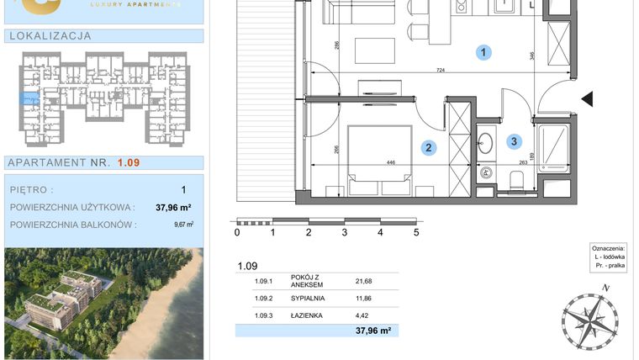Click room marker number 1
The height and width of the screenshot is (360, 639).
pyautogui.click(x=483, y=53)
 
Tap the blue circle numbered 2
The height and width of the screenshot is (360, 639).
pyautogui.click(x=429, y=148)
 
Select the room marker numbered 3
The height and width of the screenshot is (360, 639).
pyautogui.click(x=514, y=141)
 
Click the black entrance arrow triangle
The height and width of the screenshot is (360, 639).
pyautogui.click(x=588, y=99)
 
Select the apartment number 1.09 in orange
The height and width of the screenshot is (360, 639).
pyautogui.click(x=127, y=162)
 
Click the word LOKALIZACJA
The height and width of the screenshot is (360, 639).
pyautogui.click(x=49, y=36)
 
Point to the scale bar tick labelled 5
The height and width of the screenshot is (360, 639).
pyautogui.click(x=416, y=233)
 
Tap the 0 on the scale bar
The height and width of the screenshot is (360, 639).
pyautogui.click(x=237, y=233)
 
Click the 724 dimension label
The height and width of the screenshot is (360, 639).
pyautogui.click(x=440, y=71)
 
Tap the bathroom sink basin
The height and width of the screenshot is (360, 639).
pyautogui.click(x=486, y=142)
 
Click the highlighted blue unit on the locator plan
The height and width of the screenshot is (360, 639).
pyautogui.click(x=29, y=99)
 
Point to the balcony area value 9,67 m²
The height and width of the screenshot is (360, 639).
pyautogui.click(x=183, y=225)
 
